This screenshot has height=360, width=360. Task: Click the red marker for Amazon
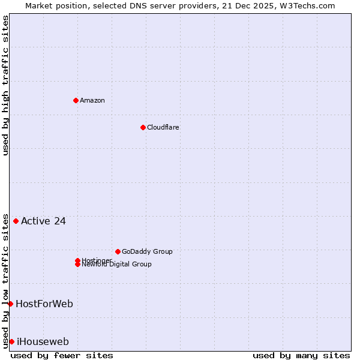[x=76, y=100]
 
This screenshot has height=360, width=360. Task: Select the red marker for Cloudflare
[x=143, y=127]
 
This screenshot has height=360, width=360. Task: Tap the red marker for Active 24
[x=16, y=221]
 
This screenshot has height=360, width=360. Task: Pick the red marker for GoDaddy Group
[x=118, y=251]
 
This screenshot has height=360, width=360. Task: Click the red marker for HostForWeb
[x=10, y=304]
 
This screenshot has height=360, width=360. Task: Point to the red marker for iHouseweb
[x=11, y=341]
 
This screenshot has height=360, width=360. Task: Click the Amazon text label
[x=92, y=100]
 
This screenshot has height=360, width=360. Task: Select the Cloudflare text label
[x=163, y=127]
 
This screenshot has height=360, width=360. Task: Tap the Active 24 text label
[x=43, y=221]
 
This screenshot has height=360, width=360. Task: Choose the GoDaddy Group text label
[x=147, y=251]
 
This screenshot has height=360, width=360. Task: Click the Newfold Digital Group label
[x=117, y=264]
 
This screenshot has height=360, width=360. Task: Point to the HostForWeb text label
[x=44, y=304]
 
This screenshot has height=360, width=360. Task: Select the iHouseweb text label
[x=43, y=341]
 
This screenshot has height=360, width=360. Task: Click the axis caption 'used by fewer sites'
[x=62, y=355]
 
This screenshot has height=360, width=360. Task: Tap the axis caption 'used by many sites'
[x=301, y=355]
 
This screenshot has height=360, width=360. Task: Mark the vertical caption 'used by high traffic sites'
[x=6, y=85]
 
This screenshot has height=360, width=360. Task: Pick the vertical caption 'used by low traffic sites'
[x=6, y=280]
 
